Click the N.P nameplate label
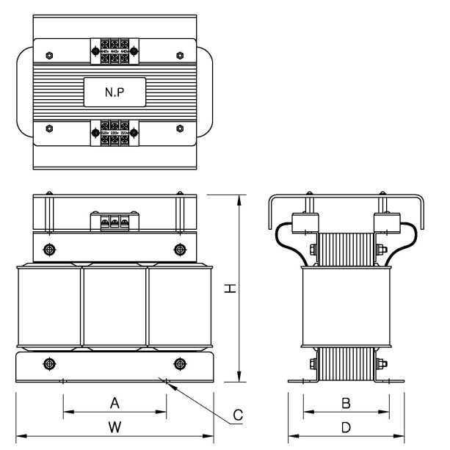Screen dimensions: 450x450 [x=114, y=93]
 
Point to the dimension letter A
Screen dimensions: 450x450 [x=114, y=402]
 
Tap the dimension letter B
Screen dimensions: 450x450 [x=345, y=402]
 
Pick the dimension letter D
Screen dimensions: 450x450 [x=345, y=426]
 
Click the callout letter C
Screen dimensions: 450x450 [x=237, y=415]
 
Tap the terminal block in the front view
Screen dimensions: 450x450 [x=114, y=220]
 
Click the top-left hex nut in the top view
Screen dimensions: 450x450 [x=48, y=54]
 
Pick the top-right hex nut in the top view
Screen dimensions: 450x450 [x=181, y=54]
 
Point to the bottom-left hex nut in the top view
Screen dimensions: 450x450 [x=48, y=128]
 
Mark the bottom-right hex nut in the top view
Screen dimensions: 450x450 [x=181, y=128]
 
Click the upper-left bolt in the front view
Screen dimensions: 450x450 [x=48, y=250]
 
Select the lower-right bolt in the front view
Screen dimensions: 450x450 [x=180, y=363]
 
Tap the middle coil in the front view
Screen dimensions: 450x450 [x=114, y=306]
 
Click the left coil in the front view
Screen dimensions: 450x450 [x=49, y=306]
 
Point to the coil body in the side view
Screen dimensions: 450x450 [x=344, y=306]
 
